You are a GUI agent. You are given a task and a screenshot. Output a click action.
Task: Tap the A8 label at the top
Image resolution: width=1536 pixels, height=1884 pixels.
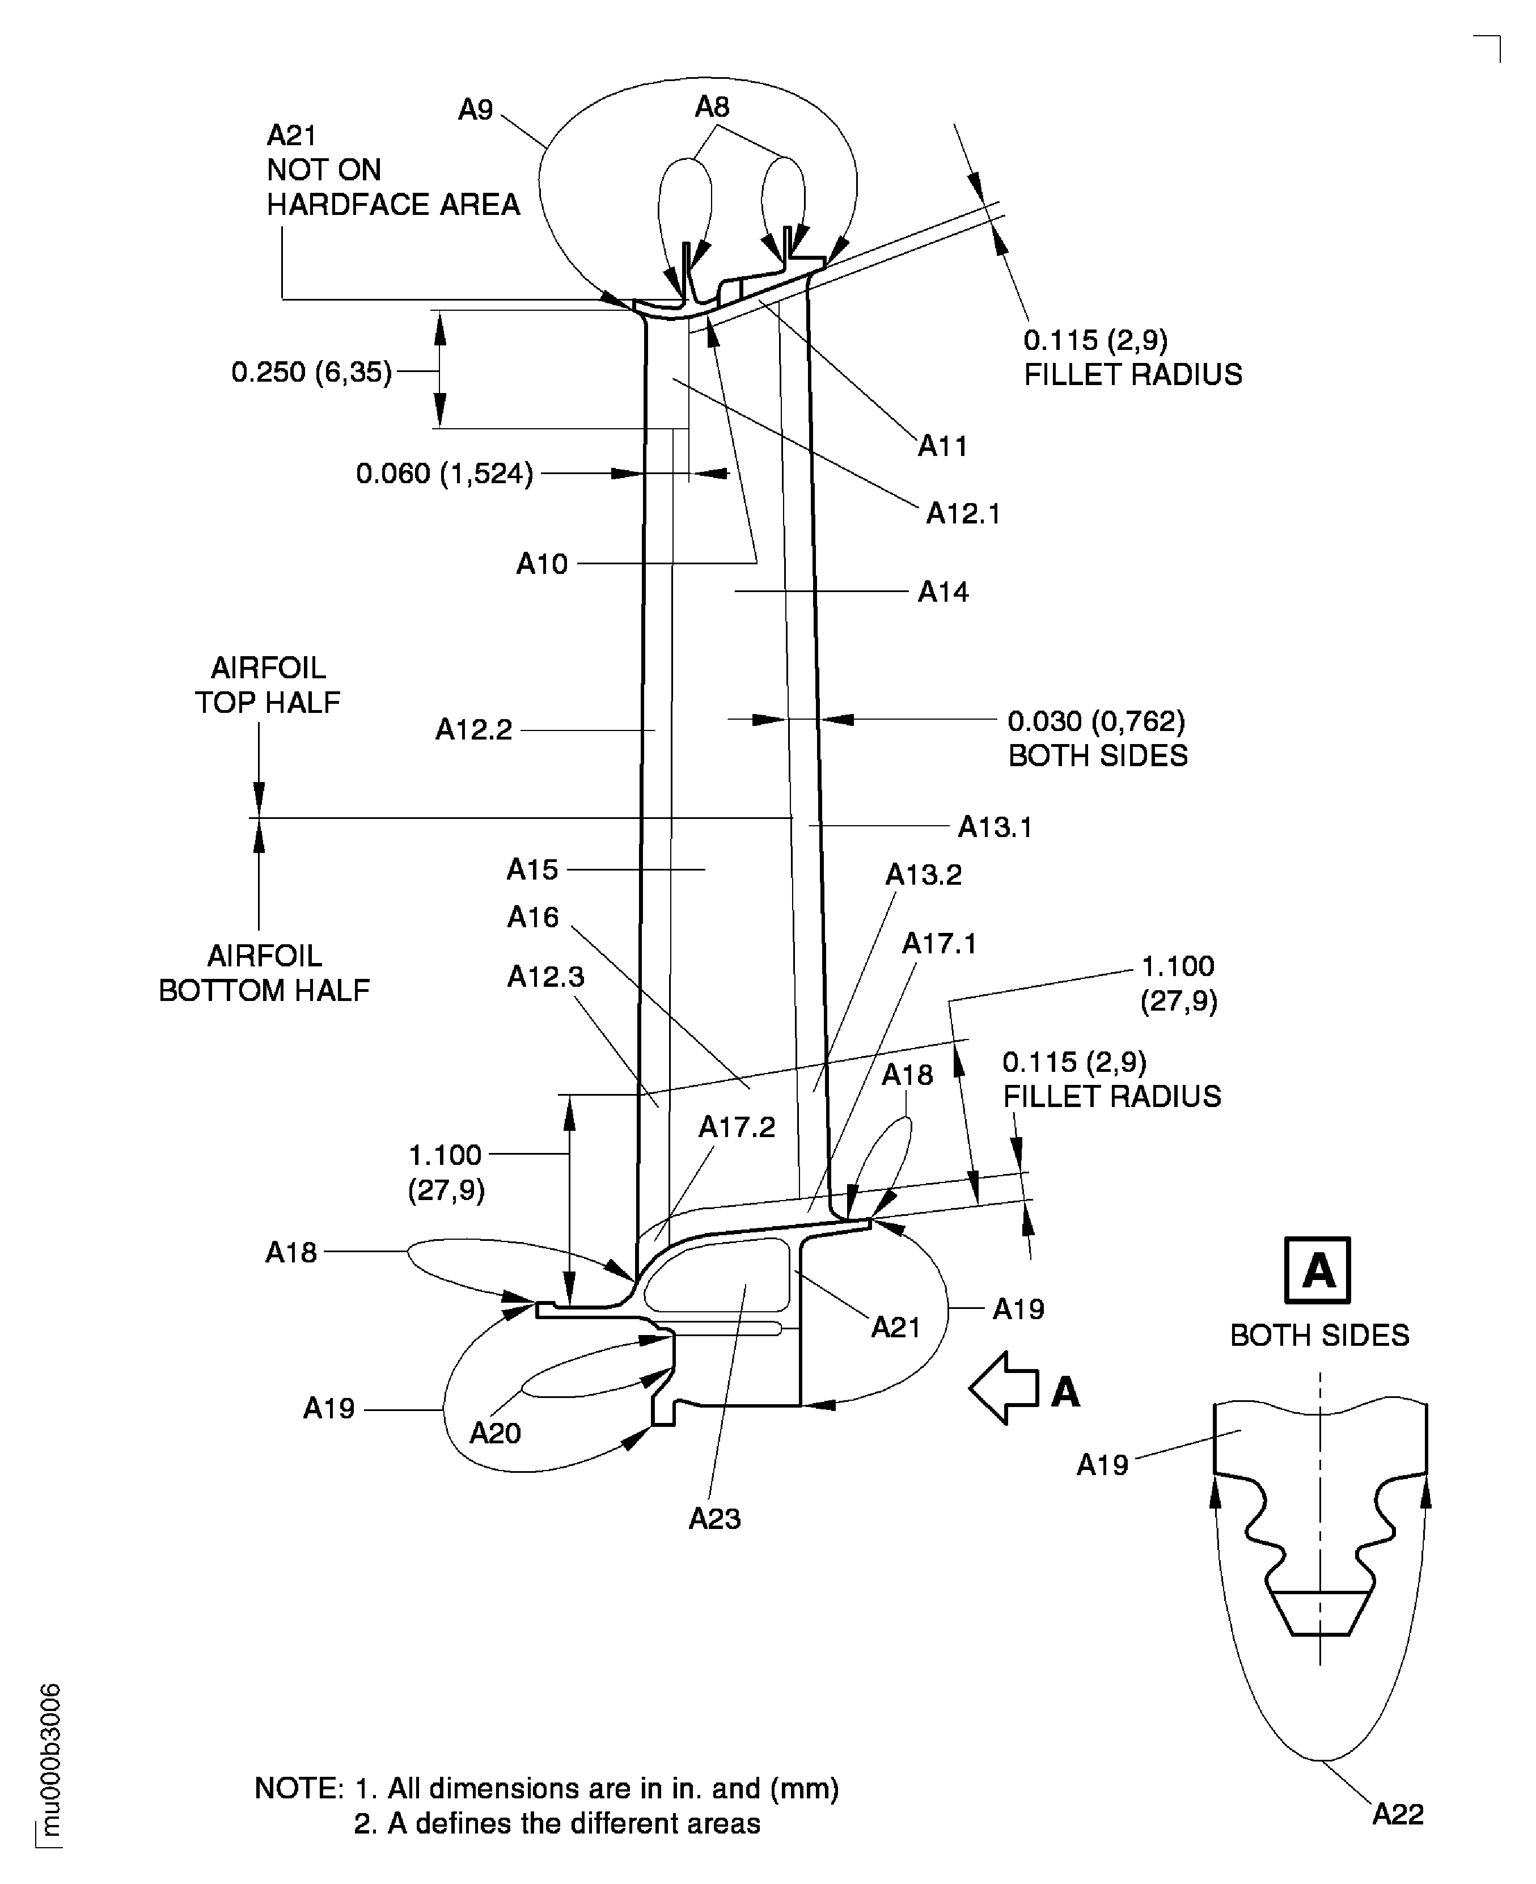tap(712, 107)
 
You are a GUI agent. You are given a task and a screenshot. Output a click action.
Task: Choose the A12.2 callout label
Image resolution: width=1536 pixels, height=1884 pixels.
tap(473, 729)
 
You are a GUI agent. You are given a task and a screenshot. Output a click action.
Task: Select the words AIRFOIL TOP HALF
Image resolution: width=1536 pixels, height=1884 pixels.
tap(267, 685)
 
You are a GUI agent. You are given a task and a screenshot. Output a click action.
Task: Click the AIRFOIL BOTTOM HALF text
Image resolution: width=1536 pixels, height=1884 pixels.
tap(264, 973)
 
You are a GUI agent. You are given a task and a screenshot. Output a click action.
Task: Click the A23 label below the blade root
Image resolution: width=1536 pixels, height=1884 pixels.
tap(714, 1519)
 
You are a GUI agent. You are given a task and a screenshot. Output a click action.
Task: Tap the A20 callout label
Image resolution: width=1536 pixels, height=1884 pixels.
tap(494, 1433)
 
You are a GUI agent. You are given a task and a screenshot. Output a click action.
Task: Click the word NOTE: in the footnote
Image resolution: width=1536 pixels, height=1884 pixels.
tap(299, 1788)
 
